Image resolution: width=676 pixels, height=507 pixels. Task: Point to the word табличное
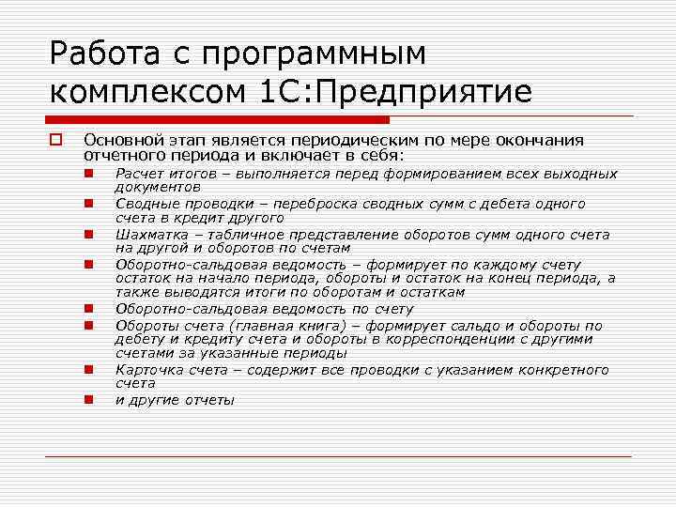tap(242, 235)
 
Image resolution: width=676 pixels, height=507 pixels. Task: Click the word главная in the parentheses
tap(247, 325)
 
